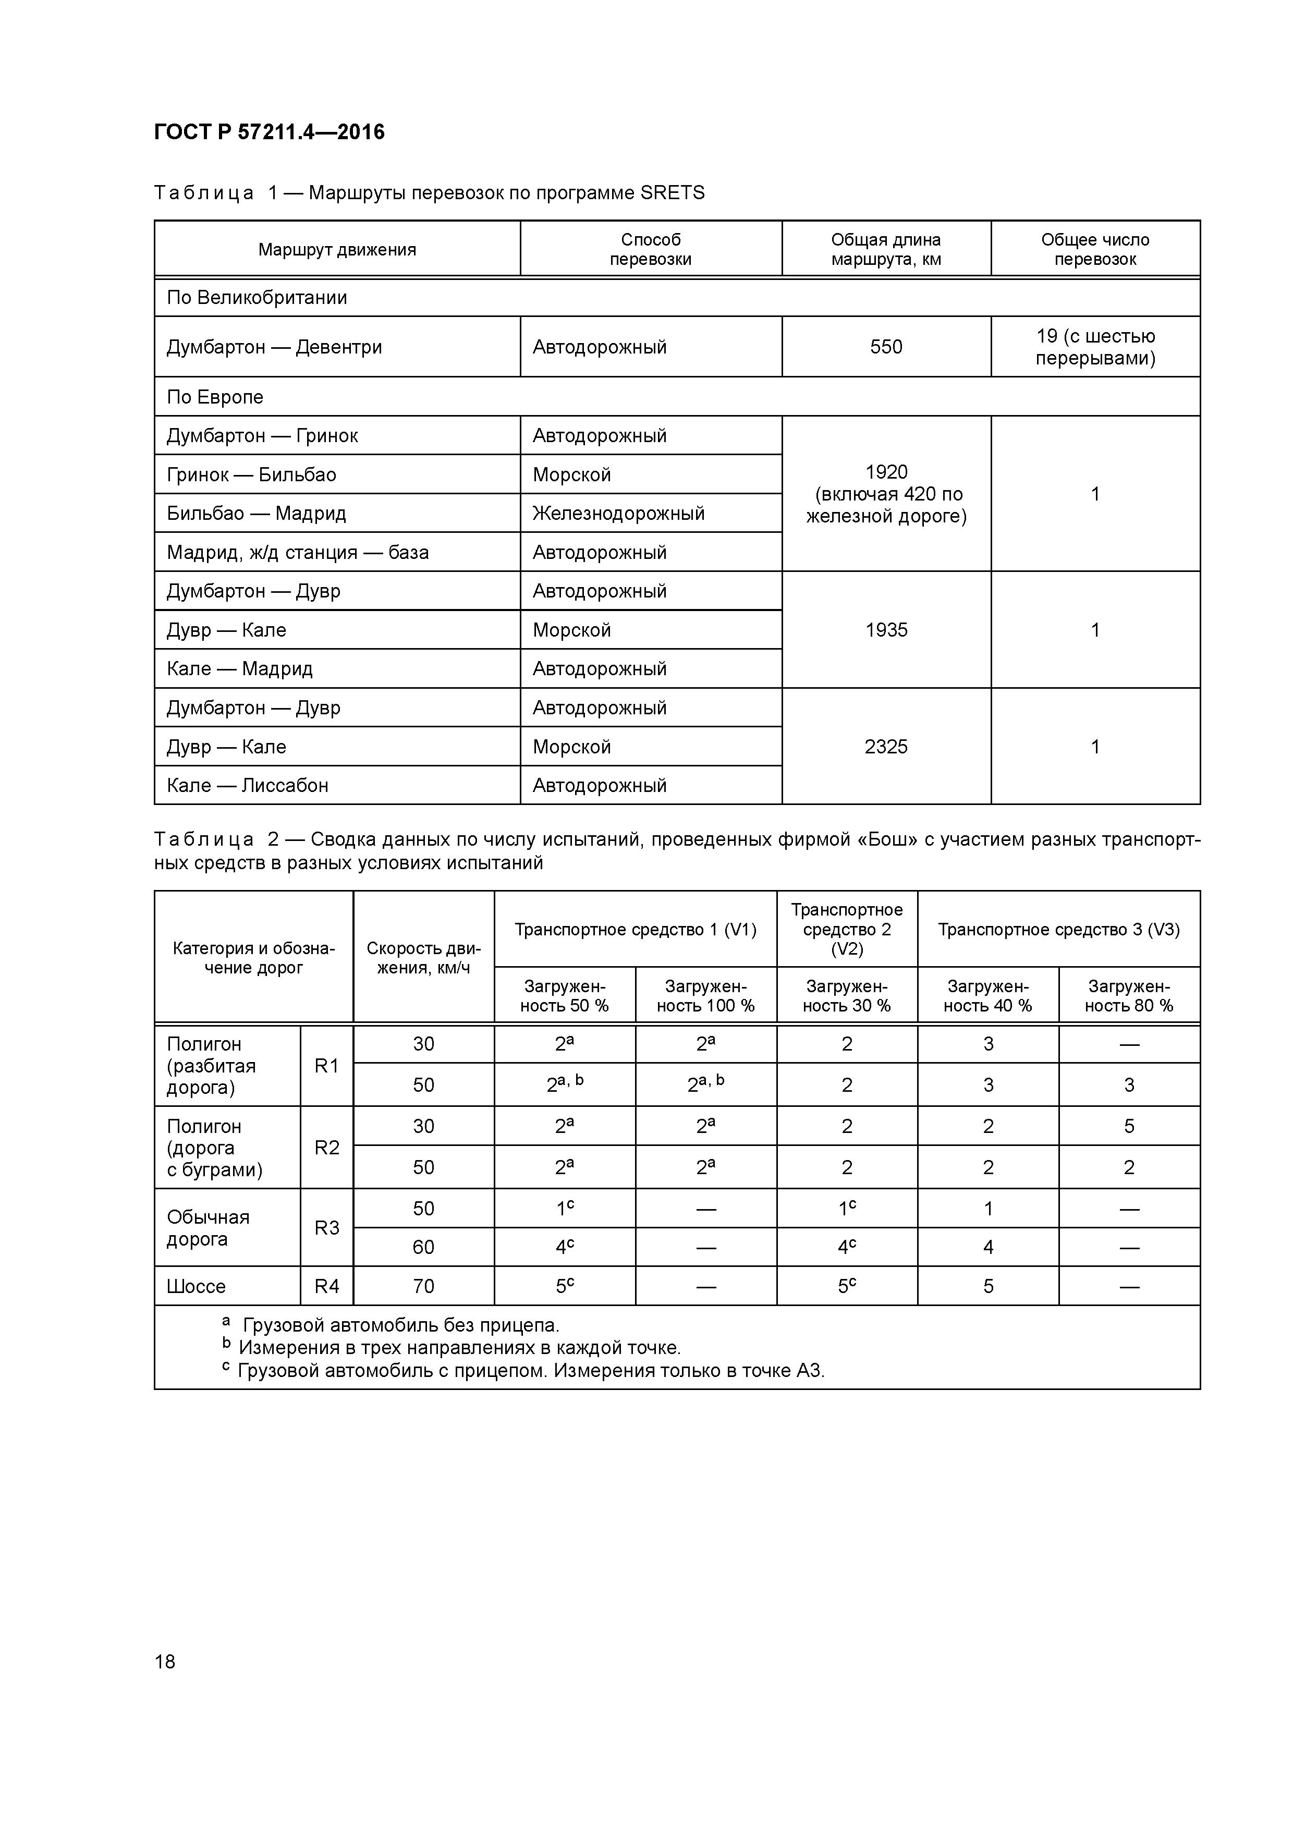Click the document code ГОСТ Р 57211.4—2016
coord(269,132)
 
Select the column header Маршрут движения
coord(337,249)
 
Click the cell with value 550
coord(886,347)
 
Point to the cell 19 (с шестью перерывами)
coord(1095,347)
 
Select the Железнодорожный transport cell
coord(618,513)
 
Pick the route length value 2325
coord(886,747)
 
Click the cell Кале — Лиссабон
coord(247,785)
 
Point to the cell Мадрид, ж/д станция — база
coord(297,552)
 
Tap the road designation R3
coord(326,1227)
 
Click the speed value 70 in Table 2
coord(423,1286)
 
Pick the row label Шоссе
coord(196,1286)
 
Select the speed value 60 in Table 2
coord(423,1247)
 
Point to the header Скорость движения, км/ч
coord(423,958)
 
